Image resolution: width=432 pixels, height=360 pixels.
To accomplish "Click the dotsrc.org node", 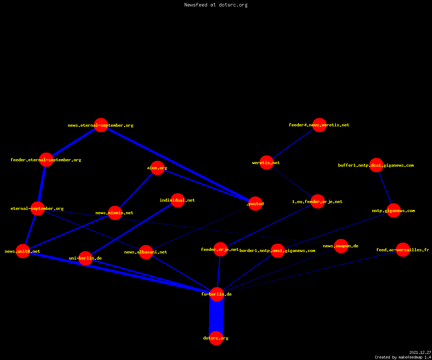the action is (216, 338).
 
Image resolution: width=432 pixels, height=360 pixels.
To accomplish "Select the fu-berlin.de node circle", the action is (217, 294).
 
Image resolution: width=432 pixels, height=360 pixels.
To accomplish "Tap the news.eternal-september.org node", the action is (101, 125).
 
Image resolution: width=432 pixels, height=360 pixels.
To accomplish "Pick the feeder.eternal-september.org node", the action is (46, 160).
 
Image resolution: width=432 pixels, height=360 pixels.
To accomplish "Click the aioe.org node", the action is (157, 168).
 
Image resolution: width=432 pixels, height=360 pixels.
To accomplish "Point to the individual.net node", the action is (177, 200).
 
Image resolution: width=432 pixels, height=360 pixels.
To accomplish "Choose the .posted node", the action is (256, 204).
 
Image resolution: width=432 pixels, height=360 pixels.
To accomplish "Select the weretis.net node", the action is (266, 163).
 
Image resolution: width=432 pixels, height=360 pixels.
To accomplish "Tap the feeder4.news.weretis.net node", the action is (319, 125).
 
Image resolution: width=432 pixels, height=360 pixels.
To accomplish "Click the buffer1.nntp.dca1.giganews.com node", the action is (376, 165).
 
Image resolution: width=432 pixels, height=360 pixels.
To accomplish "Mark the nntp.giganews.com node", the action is (393, 211).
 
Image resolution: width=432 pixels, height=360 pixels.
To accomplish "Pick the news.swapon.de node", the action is (341, 246).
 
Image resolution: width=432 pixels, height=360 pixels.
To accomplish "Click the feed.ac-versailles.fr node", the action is (403, 250).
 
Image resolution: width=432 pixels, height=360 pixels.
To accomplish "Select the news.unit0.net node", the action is (23, 251).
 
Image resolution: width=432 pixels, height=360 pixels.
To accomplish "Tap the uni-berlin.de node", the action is (85, 258).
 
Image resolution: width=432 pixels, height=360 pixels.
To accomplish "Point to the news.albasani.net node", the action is (146, 252).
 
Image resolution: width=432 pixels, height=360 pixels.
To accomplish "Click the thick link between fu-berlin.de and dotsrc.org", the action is (216, 316).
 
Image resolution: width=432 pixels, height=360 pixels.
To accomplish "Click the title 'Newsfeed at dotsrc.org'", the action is (216, 5).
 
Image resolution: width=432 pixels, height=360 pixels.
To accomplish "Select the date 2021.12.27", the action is (420, 352).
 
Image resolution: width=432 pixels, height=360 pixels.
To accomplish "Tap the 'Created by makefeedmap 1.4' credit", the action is (403, 357).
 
